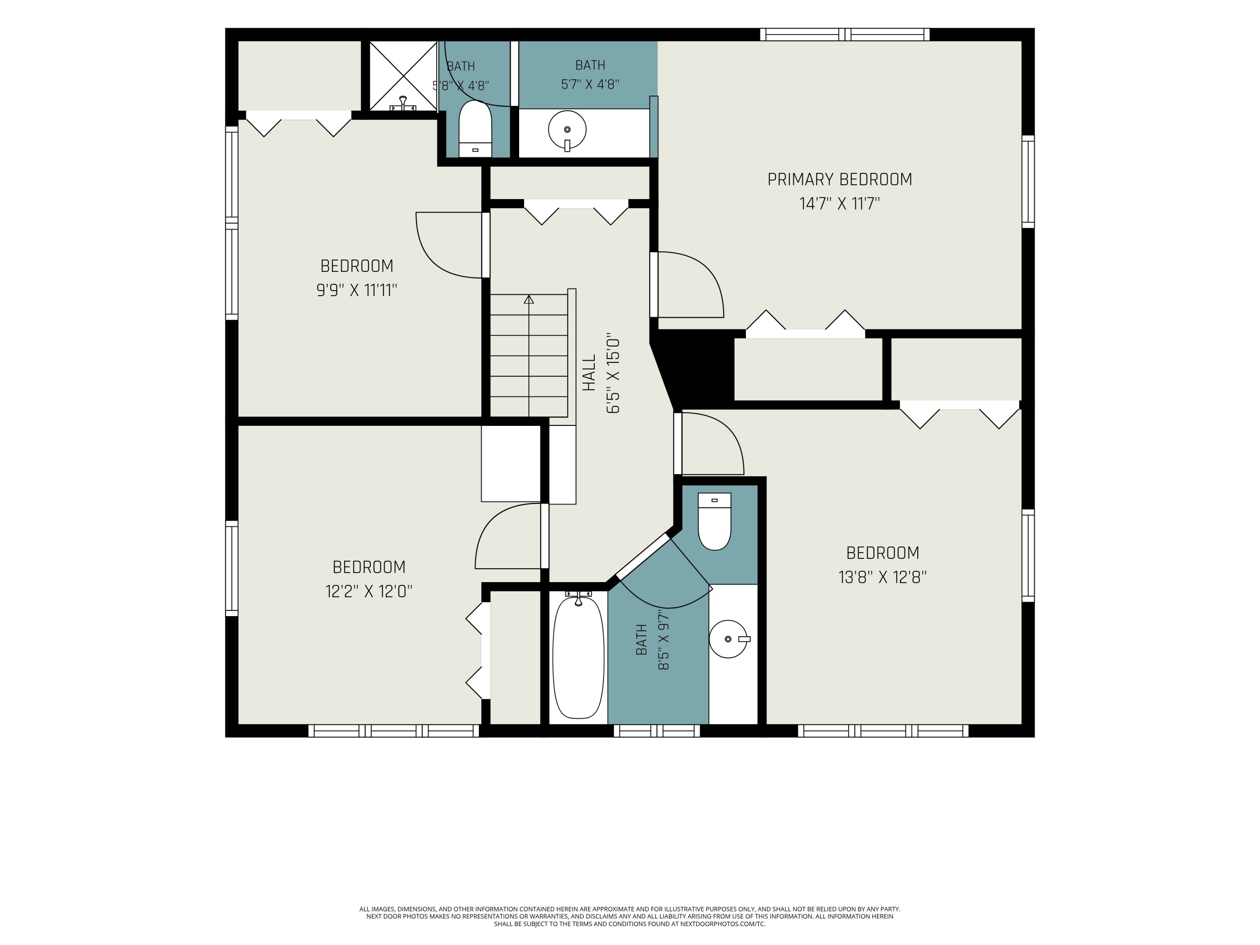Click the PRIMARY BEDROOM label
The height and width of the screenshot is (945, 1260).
tap(840, 179)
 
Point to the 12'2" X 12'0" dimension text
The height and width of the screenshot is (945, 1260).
tap(369, 591)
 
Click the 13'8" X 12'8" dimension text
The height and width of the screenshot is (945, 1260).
tap(882, 577)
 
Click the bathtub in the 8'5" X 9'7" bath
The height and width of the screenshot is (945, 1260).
tap(578, 657)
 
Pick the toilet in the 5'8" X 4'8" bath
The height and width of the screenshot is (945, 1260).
tap(475, 129)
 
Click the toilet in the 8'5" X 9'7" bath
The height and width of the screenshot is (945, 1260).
tap(714, 521)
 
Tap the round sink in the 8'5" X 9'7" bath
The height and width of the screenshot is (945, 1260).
tap(729, 639)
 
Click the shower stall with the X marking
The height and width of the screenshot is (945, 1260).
tap(403, 76)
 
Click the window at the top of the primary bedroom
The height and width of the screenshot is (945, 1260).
tap(845, 34)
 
